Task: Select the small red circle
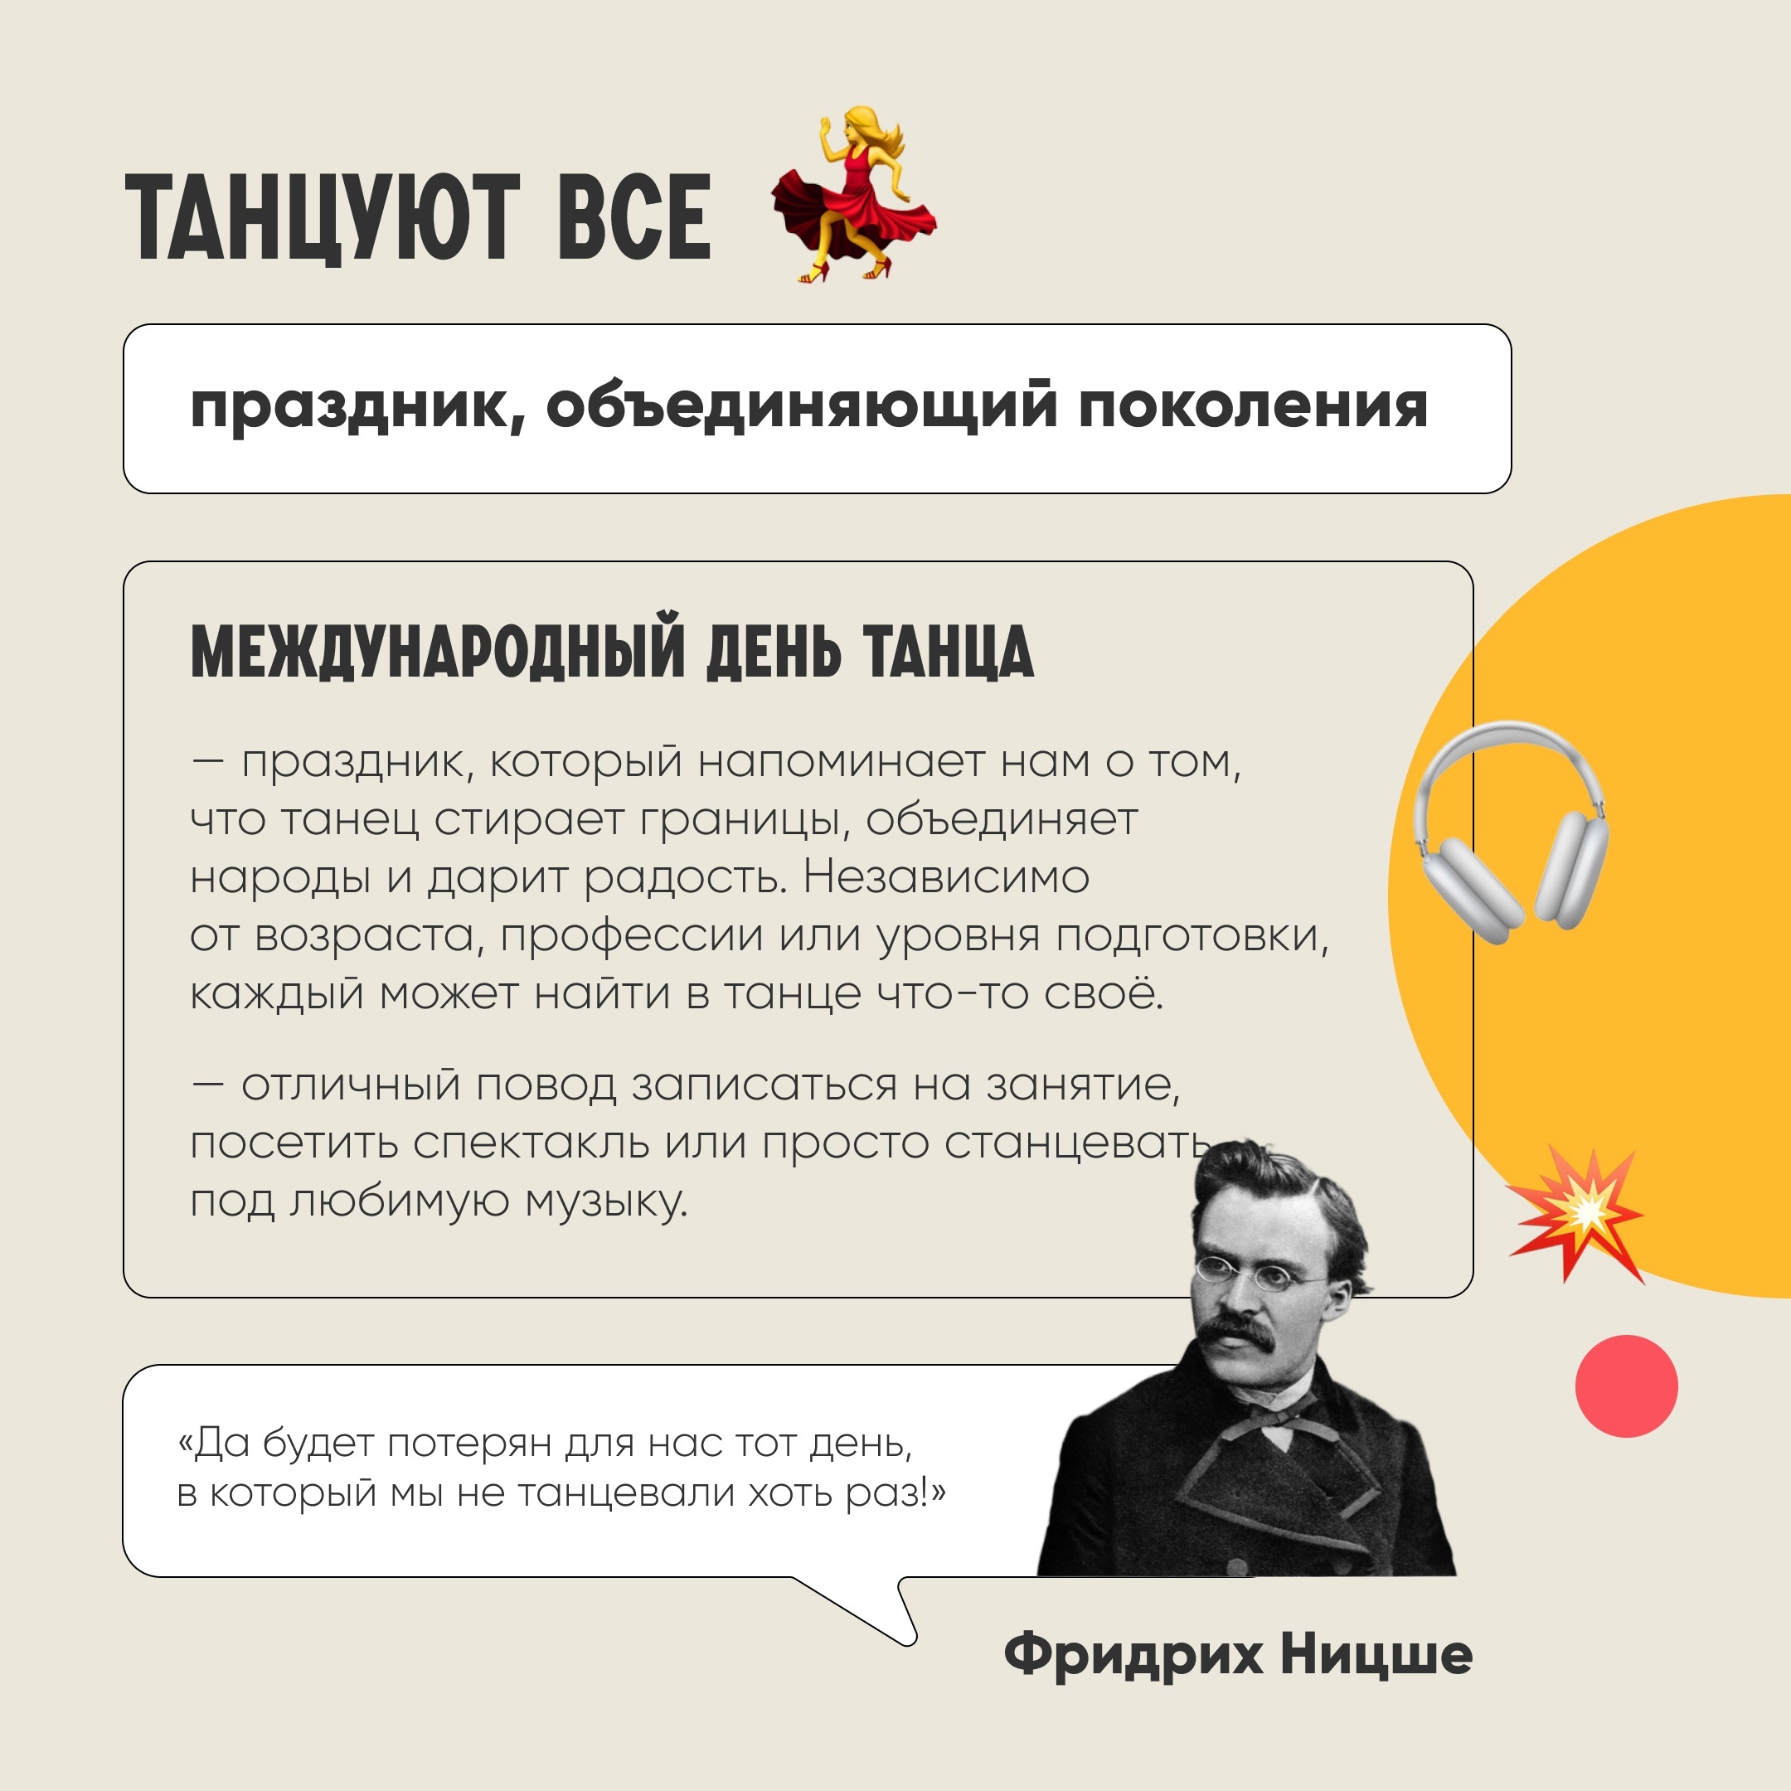pos(1627,1386)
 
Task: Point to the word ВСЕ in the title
pos(634,217)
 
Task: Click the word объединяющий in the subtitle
pos(801,408)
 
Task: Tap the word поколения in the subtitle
pos(1252,408)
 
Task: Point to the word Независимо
pos(945,877)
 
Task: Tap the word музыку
pos(606,1202)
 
